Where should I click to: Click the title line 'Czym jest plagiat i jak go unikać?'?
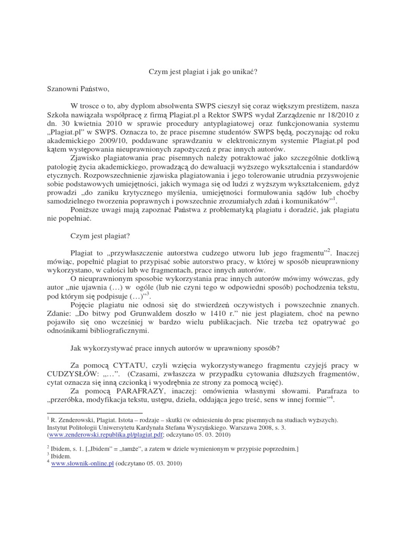[x=202, y=73]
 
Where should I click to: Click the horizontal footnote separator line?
[x=95, y=412]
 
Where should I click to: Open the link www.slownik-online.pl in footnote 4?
[x=82, y=463]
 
